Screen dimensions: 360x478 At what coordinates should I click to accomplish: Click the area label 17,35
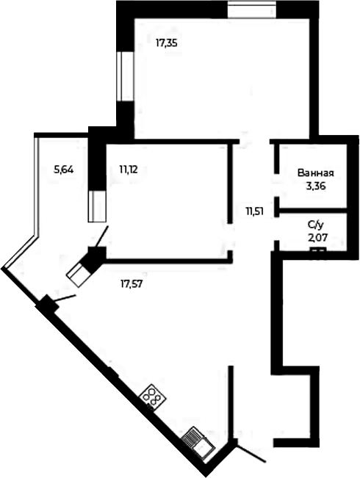[167, 43]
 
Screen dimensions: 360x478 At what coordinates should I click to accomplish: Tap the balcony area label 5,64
[63, 170]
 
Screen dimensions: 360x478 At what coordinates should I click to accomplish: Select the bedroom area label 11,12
[129, 170]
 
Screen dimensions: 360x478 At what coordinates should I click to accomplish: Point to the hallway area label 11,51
[255, 211]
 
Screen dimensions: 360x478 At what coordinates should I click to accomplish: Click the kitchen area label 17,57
[132, 284]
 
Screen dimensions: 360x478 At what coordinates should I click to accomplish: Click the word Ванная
[316, 173]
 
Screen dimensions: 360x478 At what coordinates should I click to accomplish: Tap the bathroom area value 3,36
[316, 186]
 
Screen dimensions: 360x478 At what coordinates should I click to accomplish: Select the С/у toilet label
[315, 225]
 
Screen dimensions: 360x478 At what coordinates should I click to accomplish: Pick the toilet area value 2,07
[317, 237]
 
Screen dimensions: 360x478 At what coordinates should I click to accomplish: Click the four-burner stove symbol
[153, 397]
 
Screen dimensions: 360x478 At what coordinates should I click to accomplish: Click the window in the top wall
[252, 10]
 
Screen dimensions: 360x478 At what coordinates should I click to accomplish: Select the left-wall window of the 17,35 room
[125, 76]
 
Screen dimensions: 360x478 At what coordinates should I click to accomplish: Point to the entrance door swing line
[251, 449]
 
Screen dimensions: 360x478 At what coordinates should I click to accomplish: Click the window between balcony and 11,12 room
[97, 206]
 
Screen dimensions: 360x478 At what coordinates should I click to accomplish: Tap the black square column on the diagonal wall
[47, 304]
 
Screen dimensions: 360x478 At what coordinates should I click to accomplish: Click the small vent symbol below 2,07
[318, 250]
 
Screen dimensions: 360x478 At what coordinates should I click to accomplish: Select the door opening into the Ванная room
[277, 186]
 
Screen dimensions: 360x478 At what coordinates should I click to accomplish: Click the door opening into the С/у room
[277, 228]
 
